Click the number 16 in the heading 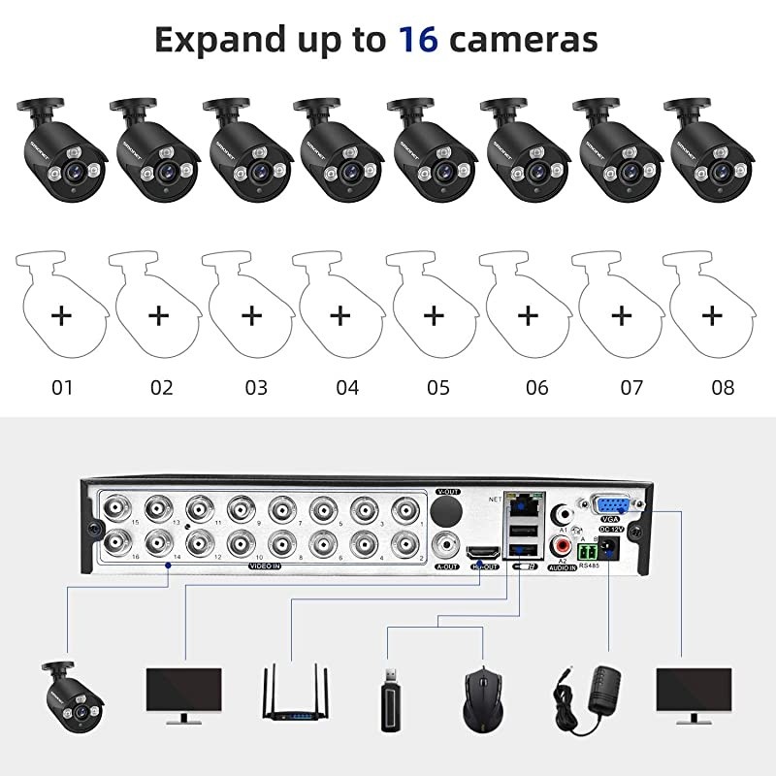(x=419, y=40)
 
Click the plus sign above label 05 (x=435, y=315)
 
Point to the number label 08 (x=723, y=388)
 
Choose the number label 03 (x=255, y=388)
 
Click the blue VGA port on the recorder (x=612, y=505)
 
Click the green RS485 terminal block (x=587, y=551)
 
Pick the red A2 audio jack (x=559, y=547)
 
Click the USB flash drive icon (x=390, y=695)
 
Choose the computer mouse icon (x=481, y=694)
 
